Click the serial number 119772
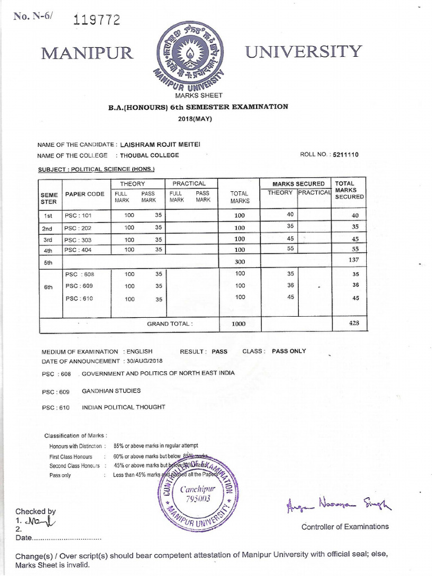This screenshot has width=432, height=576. click(97, 21)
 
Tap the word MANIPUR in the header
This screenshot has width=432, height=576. click(87, 53)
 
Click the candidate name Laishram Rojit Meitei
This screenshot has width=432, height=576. click(161, 145)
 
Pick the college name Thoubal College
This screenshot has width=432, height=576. click(147, 155)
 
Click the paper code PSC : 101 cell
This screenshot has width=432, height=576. click(77, 215)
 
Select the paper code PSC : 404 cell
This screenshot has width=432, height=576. click(77, 249)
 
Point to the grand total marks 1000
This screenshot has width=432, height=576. click(240, 324)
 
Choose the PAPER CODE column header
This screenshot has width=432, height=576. click(85, 194)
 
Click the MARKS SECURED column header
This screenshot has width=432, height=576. click(299, 184)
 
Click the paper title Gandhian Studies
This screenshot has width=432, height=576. click(111, 390)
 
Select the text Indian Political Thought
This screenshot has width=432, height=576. click(123, 407)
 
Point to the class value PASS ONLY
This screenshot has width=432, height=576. click(289, 351)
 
